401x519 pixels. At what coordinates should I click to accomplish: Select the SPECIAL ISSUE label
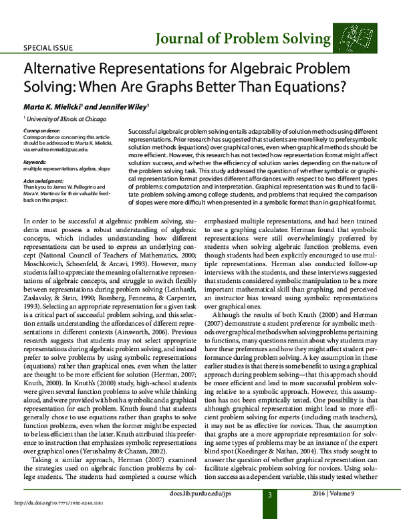(x=48, y=49)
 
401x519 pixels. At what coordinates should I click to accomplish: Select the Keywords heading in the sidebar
(x=35, y=163)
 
